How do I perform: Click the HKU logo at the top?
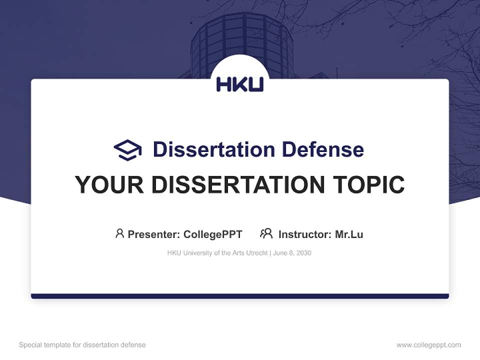[x=239, y=84]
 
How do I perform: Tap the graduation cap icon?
[x=127, y=149]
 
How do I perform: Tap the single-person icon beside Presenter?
[x=119, y=233]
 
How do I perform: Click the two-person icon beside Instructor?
[x=266, y=233]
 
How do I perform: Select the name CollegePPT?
[x=212, y=234]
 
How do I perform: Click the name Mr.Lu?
[x=349, y=234]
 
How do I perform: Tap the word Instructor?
[x=304, y=234]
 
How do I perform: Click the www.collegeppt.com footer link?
[x=428, y=345]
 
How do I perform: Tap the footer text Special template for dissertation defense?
[x=82, y=345]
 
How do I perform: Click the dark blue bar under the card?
[x=240, y=296]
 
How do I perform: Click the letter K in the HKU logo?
[x=239, y=84]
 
